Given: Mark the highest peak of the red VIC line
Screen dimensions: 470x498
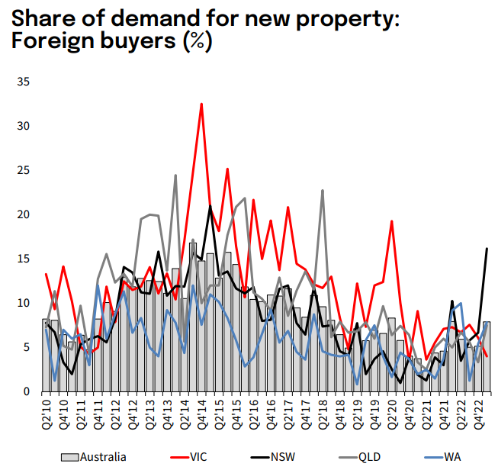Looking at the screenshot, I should pos(201,104).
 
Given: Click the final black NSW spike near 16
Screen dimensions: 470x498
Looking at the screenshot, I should pos(487,249).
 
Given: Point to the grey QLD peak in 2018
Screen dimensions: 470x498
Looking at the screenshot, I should pos(323,191).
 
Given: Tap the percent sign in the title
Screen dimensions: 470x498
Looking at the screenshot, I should pos(197,42).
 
